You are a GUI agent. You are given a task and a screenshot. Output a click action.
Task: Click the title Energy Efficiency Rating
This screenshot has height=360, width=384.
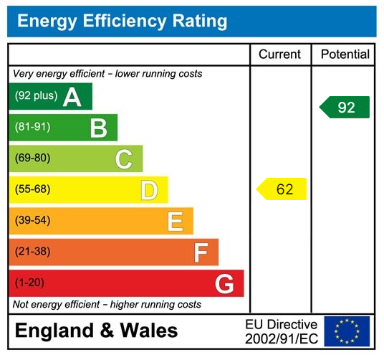(122, 21)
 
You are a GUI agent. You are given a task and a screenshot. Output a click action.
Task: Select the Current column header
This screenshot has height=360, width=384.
(280, 55)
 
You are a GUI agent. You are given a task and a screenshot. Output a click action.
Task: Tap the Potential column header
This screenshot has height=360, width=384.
(345, 55)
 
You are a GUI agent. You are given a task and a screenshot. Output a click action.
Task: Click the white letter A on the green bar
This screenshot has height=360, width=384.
(72, 97)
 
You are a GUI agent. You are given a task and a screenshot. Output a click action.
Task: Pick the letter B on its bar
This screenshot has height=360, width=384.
(98, 128)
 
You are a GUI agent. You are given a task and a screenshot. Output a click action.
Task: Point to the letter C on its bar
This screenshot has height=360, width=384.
(124, 158)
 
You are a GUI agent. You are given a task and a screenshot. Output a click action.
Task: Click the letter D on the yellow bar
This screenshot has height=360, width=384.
(149, 190)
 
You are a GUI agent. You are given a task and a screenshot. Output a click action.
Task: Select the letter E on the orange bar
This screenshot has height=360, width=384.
(175, 221)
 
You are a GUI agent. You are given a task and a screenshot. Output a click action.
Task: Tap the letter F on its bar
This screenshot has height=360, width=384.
(201, 252)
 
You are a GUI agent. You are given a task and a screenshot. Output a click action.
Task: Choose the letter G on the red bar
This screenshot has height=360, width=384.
(224, 283)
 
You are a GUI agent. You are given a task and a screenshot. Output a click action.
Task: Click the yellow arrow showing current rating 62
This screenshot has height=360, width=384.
(282, 189)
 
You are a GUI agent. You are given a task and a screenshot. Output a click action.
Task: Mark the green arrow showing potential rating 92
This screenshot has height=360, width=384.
(345, 107)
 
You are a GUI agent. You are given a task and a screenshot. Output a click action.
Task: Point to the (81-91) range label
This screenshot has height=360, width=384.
(33, 128)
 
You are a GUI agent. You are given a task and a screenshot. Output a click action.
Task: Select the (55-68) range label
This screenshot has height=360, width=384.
(33, 190)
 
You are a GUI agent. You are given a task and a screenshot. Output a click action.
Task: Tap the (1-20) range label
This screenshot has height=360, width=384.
(29, 283)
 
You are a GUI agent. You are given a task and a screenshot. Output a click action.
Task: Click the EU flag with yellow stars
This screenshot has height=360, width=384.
(347, 331)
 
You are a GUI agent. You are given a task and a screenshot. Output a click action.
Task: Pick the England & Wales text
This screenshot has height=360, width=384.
(97, 331)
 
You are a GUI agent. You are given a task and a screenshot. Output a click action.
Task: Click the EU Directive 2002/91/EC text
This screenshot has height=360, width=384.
(281, 331)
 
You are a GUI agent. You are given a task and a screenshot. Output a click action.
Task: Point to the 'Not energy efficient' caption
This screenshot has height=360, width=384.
(107, 305)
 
